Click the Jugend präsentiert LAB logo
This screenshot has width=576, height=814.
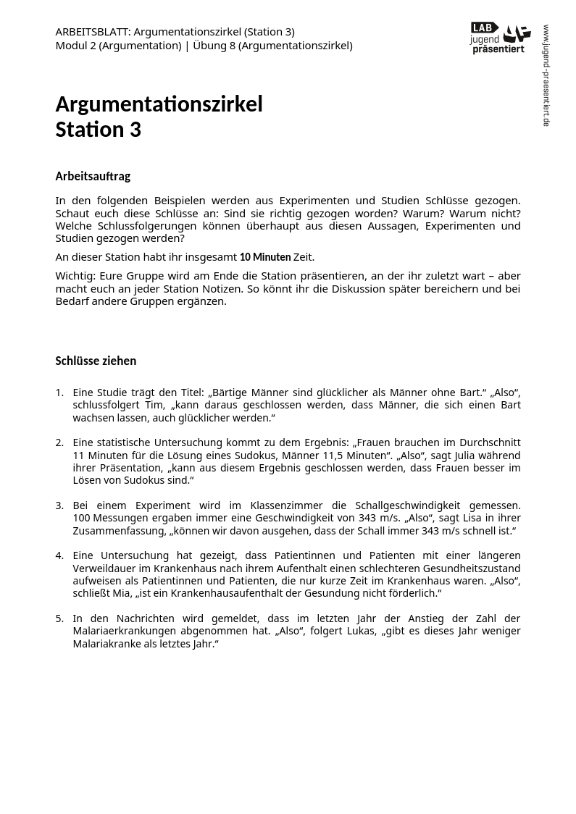click(500, 38)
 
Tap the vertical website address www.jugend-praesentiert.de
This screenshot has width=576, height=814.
click(546, 75)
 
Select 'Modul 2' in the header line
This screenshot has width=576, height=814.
click(76, 46)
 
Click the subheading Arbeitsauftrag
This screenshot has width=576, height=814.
click(93, 176)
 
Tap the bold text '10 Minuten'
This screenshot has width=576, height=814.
click(265, 257)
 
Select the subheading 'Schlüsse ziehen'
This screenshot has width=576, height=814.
click(96, 361)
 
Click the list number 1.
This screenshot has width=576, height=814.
click(59, 393)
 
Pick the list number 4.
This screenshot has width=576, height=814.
click(59, 555)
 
